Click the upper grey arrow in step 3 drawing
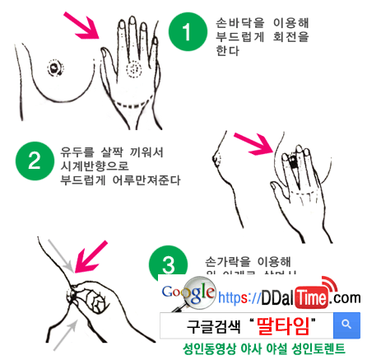point(58,250)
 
